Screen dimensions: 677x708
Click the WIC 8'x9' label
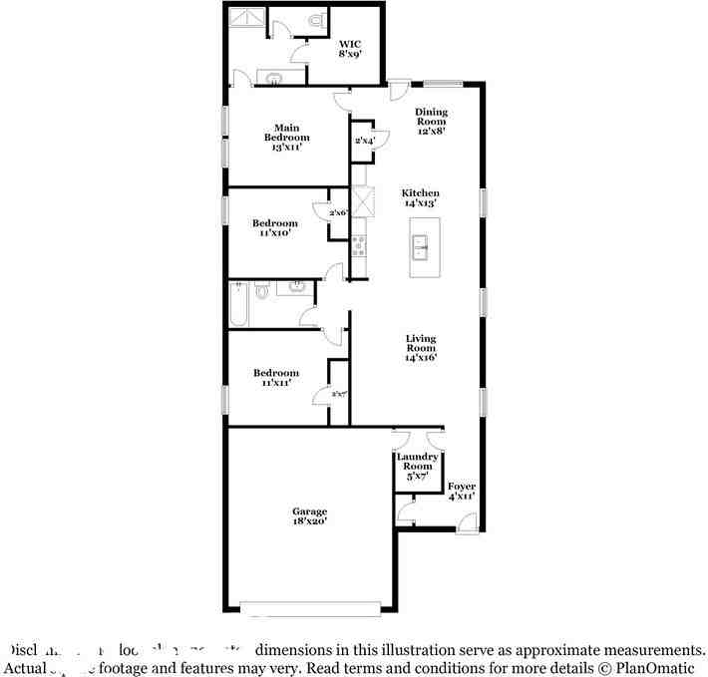tap(350, 50)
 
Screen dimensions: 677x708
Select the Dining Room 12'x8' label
tap(431, 121)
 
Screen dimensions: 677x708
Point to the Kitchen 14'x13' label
tap(420, 197)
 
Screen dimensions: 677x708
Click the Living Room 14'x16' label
tap(420, 348)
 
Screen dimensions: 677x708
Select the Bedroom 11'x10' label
tap(274, 228)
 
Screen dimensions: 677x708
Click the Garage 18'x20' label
tap(309, 516)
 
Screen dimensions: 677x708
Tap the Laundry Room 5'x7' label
tap(417, 467)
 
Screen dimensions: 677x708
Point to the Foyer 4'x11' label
tap(461, 490)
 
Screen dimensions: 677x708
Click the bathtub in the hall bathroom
tap(238, 303)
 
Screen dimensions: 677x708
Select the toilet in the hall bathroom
tap(261, 291)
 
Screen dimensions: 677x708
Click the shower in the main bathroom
tap(244, 19)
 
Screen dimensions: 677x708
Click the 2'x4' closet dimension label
tap(364, 142)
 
